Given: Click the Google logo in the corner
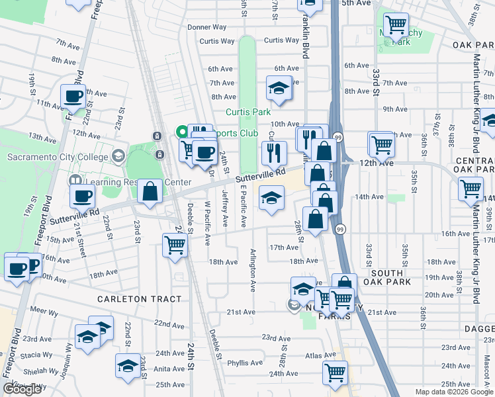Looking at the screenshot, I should click(x=22, y=389).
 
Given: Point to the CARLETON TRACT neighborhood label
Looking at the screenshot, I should click(x=139, y=299).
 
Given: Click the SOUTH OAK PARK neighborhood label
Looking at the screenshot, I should click(x=386, y=277).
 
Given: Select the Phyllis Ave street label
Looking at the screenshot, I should click(x=244, y=363).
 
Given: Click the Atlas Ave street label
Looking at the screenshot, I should click(x=308, y=355).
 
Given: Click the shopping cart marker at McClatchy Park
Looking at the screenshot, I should click(x=396, y=26).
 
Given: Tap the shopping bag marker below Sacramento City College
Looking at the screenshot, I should click(x=150, y=193).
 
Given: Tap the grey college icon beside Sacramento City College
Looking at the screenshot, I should click(x=118, y=157).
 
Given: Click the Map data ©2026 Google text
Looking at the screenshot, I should click(x=453, y=392).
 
